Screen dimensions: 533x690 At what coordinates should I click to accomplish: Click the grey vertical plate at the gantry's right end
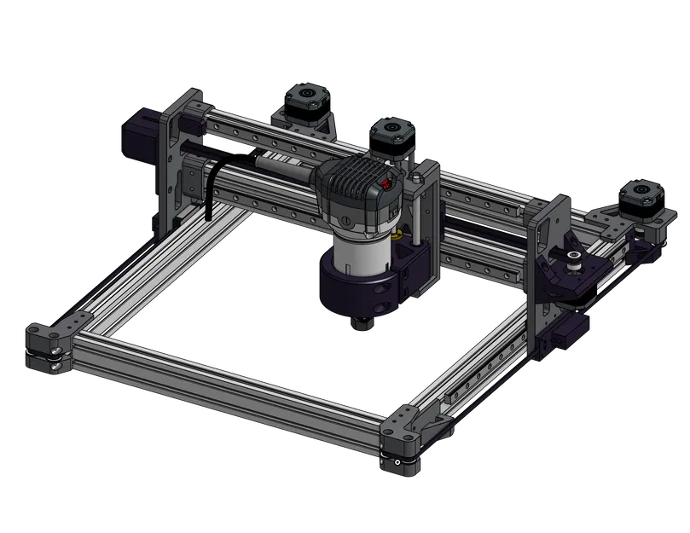click(x=546, y=256)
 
